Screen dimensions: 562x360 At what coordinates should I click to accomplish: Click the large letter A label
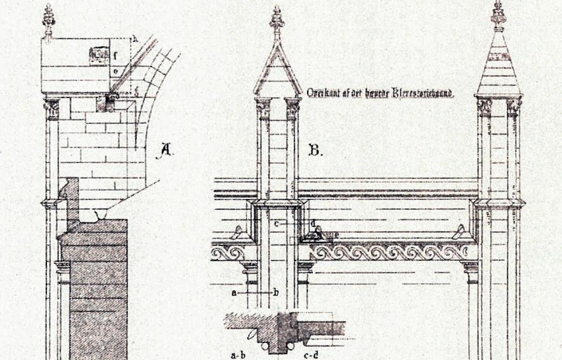tap(166, 150)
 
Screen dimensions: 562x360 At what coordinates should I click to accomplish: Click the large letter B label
tap(315, 150)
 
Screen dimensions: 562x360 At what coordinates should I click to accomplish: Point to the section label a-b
tap(239, 355)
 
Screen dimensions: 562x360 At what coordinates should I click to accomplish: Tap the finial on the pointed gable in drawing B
tap(277, 19)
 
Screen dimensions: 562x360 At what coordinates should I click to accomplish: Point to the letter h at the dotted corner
tap(134, 39)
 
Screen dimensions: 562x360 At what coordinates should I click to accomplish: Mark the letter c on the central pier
tap(277, 224)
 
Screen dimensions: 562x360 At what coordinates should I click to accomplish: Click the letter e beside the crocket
tap(336, 235)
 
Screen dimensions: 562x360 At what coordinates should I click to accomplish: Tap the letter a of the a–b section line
tap(234, 293)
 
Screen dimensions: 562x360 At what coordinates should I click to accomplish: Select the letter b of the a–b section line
tap(277, 293)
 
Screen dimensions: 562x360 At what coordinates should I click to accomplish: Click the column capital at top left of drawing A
tap(51, 109)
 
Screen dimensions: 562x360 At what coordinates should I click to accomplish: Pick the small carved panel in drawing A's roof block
tap(98, 56)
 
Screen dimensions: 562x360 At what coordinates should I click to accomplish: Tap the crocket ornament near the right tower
tap(459, 233)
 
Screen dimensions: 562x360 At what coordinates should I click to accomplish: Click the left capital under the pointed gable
tap(262, 108)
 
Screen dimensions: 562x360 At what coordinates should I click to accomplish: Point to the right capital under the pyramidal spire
tap(514, 106)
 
